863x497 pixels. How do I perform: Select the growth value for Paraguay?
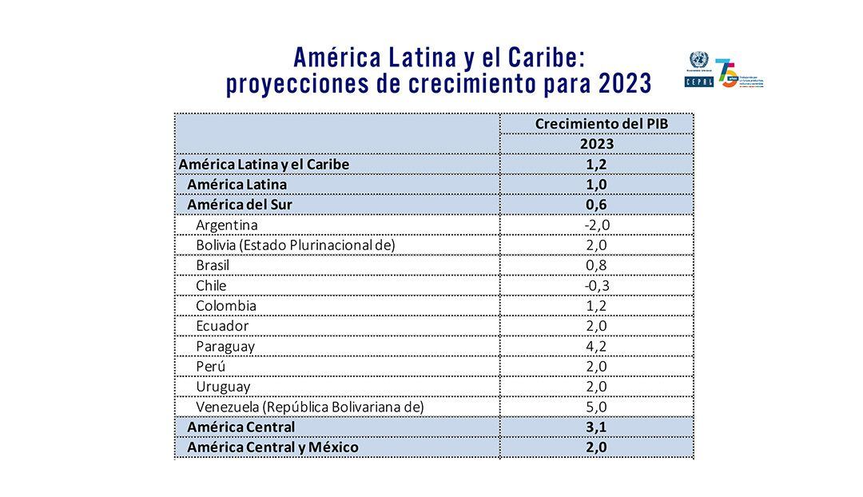tap(597, 346)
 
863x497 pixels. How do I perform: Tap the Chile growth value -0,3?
tap(597, 285)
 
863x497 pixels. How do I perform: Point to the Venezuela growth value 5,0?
tap(597, 407)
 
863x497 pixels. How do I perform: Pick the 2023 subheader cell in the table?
tap(597, 144)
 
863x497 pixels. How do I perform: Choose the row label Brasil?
tap(213, 265)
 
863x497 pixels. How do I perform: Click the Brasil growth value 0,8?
tap(597, 265)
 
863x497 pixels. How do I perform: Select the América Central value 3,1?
tap(597, 427)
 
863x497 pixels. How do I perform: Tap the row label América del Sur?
tap(239, 205)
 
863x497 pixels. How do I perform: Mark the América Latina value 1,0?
tap(597, 185)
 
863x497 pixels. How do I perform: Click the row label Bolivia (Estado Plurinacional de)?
tap(295, 245)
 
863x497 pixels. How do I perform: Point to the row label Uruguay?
tap(223, 387)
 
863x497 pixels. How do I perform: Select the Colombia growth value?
tap(597, 305)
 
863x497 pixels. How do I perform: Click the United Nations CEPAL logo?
tap(698, 70)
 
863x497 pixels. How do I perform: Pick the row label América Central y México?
tap(272, 447)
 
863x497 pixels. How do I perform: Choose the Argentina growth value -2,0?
tap(597, 225)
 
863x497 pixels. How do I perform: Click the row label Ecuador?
tap(222, 326)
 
